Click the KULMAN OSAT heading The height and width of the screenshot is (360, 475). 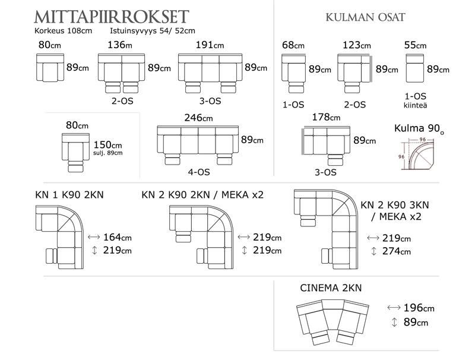pos(365,17)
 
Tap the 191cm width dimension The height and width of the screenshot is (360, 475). pos(210,45)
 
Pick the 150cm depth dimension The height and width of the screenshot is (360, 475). pos(108,144)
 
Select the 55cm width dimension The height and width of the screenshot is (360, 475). pos(414,46)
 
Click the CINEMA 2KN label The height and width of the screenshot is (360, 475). pos(331,288)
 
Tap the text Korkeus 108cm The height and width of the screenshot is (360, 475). pos(64,30)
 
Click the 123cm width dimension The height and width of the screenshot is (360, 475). pos(357,46)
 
